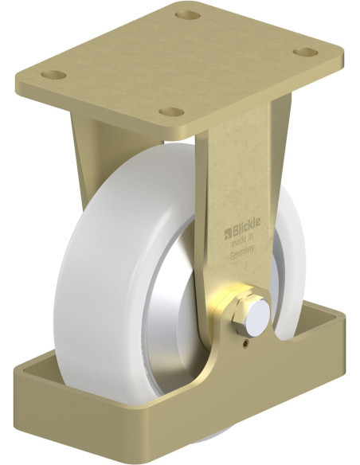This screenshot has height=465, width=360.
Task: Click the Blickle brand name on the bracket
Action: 243,225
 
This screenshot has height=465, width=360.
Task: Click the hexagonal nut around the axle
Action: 241,317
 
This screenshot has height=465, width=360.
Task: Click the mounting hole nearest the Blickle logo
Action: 168,112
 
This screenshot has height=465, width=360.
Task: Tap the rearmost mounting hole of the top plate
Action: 186,15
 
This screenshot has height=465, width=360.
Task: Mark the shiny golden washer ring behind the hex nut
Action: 225,307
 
